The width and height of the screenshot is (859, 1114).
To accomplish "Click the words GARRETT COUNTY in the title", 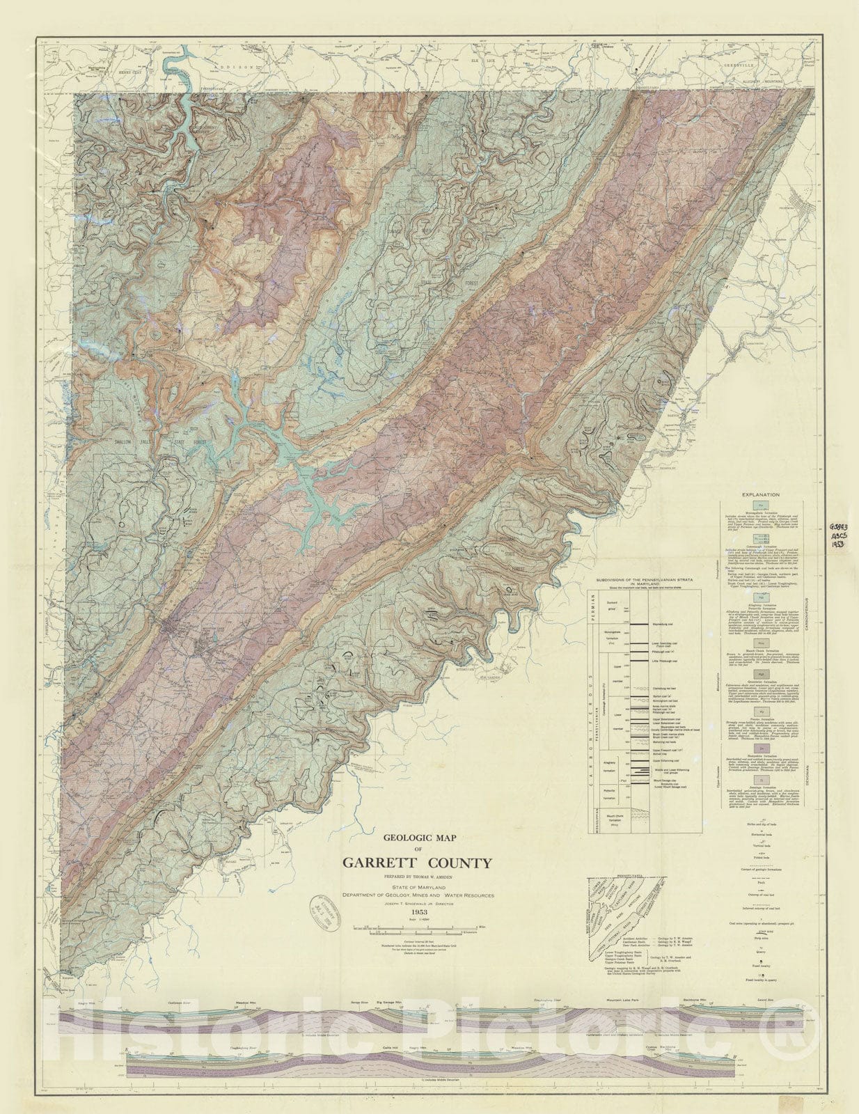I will point(417,863).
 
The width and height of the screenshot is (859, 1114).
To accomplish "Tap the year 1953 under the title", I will point(419,911).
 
